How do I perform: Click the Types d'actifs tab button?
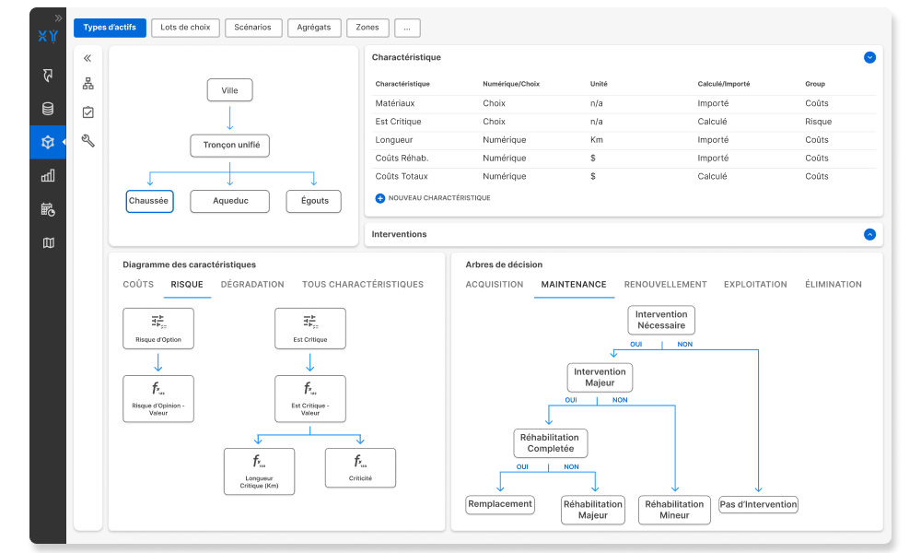click(x=110, y=28)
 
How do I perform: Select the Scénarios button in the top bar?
click(x=252, y=28)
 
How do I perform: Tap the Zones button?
click(x=367, y=28)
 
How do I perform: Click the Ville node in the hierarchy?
click(x=229, y=90)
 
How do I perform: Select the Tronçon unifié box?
click(x=229, y=145)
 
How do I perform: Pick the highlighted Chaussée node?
click(x=149, y=201)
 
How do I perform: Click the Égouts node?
click(x=314, y=201)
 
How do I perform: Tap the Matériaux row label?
click(x=395, y=103)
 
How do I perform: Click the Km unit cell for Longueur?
click(x=596, y=140)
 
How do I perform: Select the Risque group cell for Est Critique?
click(x=818, y=122)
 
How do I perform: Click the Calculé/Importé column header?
click(x=724, y=84)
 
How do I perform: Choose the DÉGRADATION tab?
click(x=252, y=285)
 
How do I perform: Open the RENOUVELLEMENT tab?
click(x=666, y=285)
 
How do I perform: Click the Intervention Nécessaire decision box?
click(x=661, y=321)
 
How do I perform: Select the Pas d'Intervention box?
click(x=758, y=504)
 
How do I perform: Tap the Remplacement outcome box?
click(x=500, y=504)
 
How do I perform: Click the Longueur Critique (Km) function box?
click(x=259, y=471)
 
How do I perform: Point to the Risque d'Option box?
click(x=158, y=328)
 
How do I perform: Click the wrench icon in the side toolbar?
click(x=88, y=140)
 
